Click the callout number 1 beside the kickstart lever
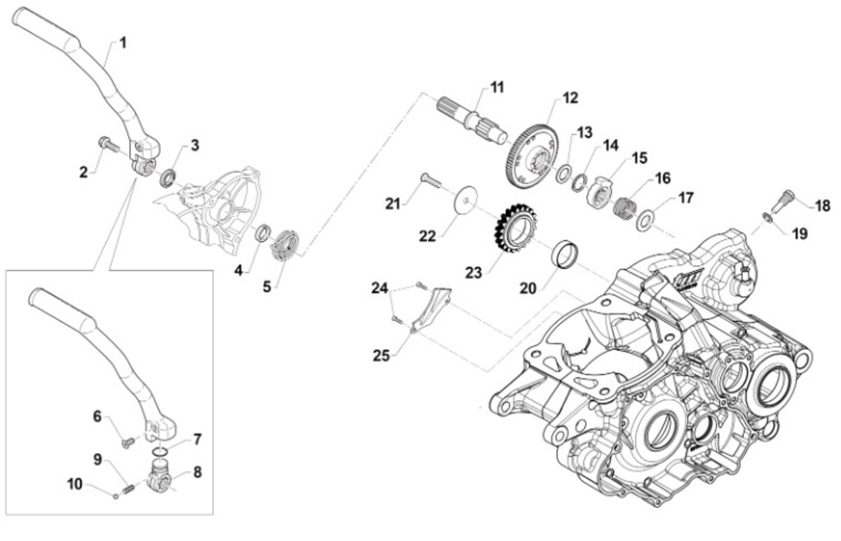click(x=123, y=43)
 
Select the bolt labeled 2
click(x=107, y=144)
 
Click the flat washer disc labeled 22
click(x=462, y=199)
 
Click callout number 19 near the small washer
click(x=800, y=233)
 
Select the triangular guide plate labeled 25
click(x=430, y=306)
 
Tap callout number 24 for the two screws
click(x=379, y=287)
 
